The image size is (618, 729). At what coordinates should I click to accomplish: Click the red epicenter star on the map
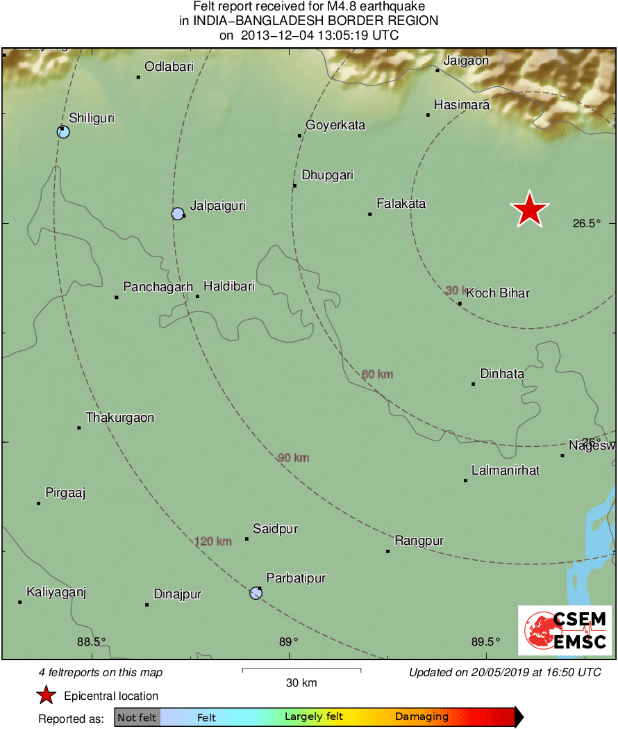tap(530, 209)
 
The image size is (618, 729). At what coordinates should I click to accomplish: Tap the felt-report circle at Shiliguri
tap(63, 131)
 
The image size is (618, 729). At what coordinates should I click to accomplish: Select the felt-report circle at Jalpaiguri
tap(178, 213)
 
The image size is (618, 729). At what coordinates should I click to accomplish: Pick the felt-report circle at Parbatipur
tap(256, 593)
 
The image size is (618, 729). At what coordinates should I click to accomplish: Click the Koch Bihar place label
tap(498, 293)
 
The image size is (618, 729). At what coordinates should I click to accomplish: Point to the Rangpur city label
tap(419, 541)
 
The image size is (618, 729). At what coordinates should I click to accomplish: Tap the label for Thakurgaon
tap(119, 418)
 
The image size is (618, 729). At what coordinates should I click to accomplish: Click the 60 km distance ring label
tap(377, 375)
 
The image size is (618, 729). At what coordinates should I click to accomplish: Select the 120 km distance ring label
tap(213, 541)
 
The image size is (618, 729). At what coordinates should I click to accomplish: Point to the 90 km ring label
tap(293, 458)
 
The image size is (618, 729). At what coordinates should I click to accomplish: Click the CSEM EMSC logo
tap(565, 630)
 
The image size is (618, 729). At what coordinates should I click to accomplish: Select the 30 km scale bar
tap(301, 670)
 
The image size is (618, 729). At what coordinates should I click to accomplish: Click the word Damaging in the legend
tap(421, 716)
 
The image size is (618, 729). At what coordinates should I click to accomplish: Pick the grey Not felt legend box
tap(137, 717)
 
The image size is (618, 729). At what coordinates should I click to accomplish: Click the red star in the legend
tap(46, 695)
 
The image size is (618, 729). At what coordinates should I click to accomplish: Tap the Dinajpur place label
tap(177, 594)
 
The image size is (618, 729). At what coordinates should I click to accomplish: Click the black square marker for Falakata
tap(370, 214)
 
